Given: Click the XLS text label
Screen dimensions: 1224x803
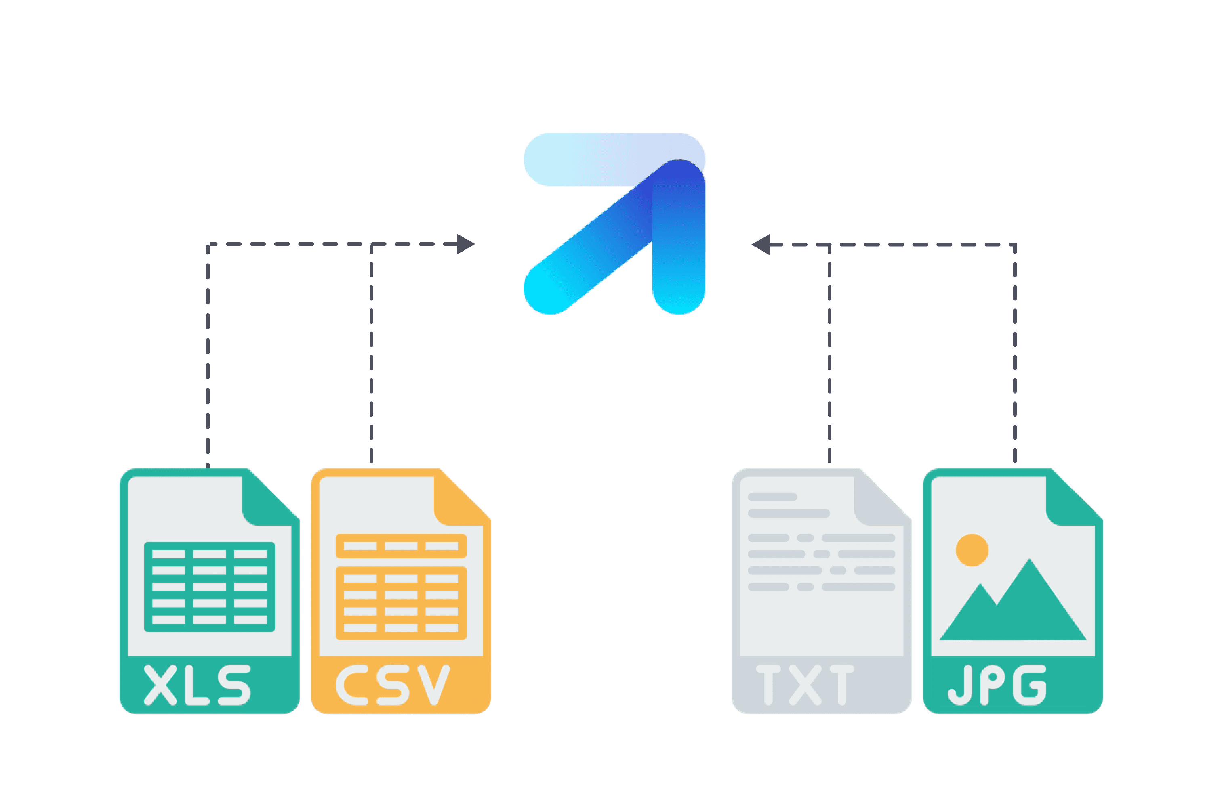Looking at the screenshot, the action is (197, 685).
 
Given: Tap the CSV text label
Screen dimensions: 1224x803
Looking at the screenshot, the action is (393, 685).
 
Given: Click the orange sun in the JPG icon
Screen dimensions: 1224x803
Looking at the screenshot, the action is (972, 550).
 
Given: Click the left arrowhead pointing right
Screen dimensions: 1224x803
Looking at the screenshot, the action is (465, 244).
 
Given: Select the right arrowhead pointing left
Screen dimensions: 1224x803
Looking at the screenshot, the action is (761, 245).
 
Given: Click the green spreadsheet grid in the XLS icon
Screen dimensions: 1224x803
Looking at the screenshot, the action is (209, 587).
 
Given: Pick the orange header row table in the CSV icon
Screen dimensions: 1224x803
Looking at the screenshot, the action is (401, 546).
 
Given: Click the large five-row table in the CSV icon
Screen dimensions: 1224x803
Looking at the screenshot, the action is (401, 603).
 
